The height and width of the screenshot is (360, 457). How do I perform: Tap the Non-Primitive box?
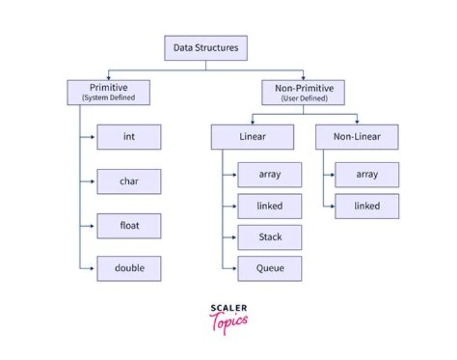pyautogui.click(x=303, y=92)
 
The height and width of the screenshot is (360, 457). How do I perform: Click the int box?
pyautogui.click(x=129, y=137)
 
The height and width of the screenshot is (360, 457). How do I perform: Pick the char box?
pyautogui.click(x=129, y=182)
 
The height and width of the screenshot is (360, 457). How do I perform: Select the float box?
pyautogui.click(x=129, y=225)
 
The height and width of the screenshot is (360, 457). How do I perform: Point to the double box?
pyautogui.click(x=129, y=269)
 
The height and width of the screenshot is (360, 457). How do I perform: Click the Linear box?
pyautogui.click(x=252, y=137)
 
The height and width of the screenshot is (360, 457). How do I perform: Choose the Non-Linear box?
pyautogui.click(x=357, y=137)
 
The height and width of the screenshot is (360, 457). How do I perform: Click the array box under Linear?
pyautogui.click(x=270, y=175)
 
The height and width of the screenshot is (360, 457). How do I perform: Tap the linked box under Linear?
pyautogui.click(x=270, y=206)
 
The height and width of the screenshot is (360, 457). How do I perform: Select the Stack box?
pyautogui.click(x=270, y=237)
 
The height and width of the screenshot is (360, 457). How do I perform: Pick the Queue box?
pyautogui.click(x=270, y=269)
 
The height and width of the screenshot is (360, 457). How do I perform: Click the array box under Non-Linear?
pyautogui.click(x=367, y=175)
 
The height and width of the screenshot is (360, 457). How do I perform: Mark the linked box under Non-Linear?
pyautogui.click(x=367, y=206)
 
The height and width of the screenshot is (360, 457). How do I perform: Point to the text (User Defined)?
pyautogui.click(x=303, y=98)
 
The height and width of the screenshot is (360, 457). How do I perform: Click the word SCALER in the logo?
pyautogui.click(x=228, y=309)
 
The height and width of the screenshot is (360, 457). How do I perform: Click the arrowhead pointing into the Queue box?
pyautogui.click(x=235, y=269)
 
